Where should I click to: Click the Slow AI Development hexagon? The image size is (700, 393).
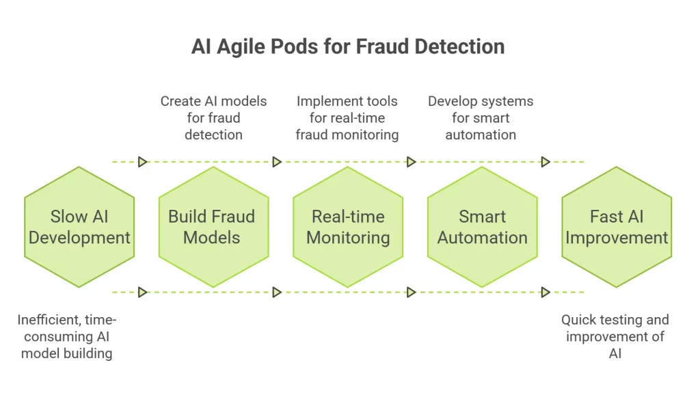[79, 227]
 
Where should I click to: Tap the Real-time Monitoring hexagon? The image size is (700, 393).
[348, 227]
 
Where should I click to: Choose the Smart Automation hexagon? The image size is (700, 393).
[482, 227]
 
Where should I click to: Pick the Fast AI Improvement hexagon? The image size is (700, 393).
[617, 227]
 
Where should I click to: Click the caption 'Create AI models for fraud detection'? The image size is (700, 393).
[213, 118]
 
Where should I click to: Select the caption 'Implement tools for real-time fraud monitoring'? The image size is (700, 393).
[347, 118]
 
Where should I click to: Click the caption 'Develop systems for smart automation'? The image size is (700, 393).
[481, 118]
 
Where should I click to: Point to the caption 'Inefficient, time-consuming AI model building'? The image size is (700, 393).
[66, 336]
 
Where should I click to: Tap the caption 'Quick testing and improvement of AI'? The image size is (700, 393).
[615, 336]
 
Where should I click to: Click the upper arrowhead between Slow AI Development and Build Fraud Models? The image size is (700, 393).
[142, 162]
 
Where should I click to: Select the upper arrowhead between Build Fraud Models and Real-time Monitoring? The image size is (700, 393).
[277, 162]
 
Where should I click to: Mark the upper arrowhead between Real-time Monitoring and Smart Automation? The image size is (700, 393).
[411, 162]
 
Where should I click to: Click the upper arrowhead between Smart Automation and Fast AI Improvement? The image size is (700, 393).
[546, 162]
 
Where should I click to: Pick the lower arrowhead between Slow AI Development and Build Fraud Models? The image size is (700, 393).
[142, 292]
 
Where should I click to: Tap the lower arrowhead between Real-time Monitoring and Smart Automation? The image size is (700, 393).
[411, 292]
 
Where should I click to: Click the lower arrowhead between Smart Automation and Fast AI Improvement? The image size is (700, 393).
[546, 292]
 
